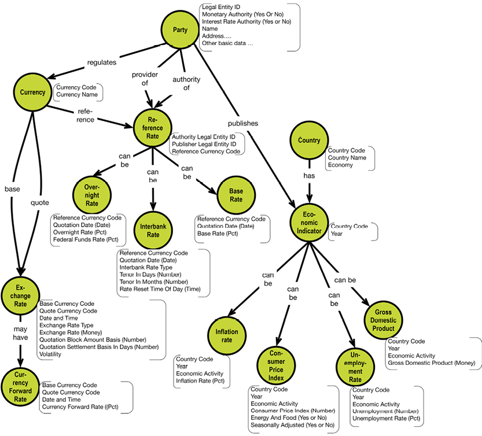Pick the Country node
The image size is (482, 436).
(x=309, y=141)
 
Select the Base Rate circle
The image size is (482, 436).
(x=236, y=195)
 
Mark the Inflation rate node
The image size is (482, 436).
(x=227, y=336)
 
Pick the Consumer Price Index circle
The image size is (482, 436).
(x=276, y=364)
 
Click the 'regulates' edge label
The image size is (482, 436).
(x=102, y=61)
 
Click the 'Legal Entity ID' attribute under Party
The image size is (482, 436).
(x=220, y=7)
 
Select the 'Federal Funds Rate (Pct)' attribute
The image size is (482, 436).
(x=85, y=239)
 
